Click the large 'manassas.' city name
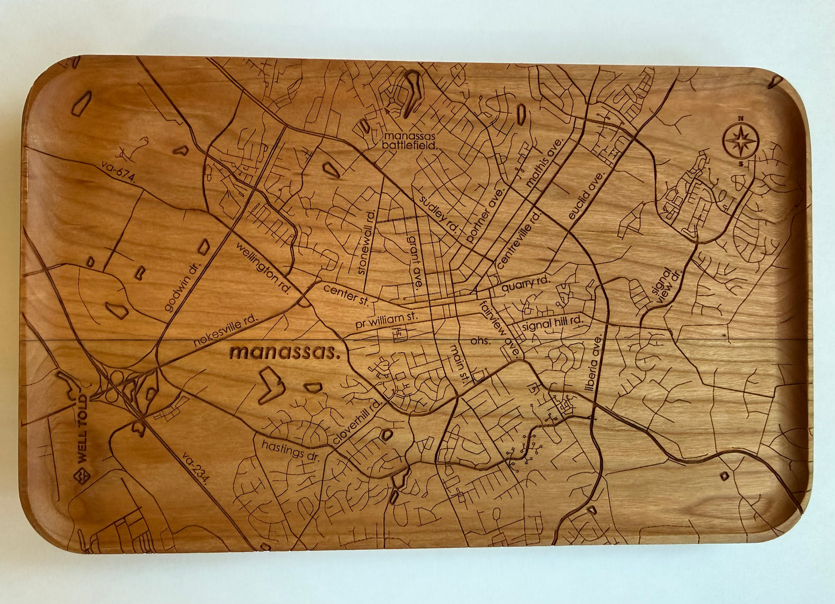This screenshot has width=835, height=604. [284, 352]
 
